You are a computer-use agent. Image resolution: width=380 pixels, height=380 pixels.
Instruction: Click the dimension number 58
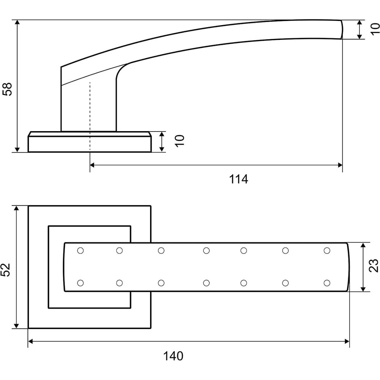[7, 89]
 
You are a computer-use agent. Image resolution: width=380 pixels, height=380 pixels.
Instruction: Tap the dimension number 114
[239, 179]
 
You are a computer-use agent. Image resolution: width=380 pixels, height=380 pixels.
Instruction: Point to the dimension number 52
[6, 270]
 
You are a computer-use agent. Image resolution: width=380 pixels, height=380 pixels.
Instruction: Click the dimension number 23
[374, 266]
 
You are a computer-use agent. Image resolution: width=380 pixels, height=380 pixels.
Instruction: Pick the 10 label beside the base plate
[180, 141]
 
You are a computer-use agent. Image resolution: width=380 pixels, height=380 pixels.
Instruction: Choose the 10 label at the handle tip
[375, 29]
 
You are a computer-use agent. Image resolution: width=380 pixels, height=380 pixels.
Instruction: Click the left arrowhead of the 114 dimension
[92, 165]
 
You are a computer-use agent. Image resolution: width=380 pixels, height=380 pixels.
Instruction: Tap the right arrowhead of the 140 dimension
[347, 342]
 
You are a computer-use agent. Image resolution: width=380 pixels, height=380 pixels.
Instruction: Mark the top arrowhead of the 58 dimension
[17, 22]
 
